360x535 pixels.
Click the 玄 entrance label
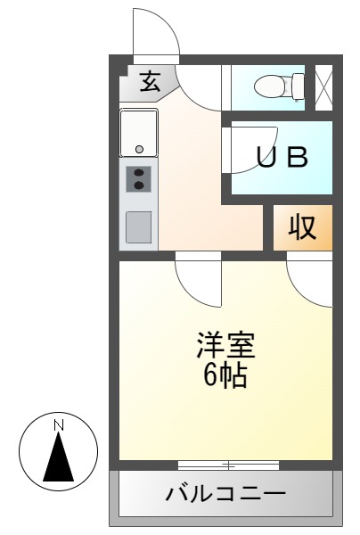point(151,81)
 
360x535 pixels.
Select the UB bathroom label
point(282,157)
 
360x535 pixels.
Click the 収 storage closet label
point(302,227)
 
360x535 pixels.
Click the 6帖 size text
point(225,375)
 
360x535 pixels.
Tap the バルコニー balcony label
point(225,494)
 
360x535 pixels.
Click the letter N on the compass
point(59,425)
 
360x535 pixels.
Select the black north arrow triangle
point(59,457)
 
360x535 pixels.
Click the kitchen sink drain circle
point(139,149)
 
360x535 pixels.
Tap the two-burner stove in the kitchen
point(138,179)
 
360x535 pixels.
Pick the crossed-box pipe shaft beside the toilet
point(323,87)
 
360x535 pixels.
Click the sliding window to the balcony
point(228,465)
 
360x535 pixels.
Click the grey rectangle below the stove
point(138,227)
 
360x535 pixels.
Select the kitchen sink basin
point(138,133)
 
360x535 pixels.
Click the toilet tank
point(299,86)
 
